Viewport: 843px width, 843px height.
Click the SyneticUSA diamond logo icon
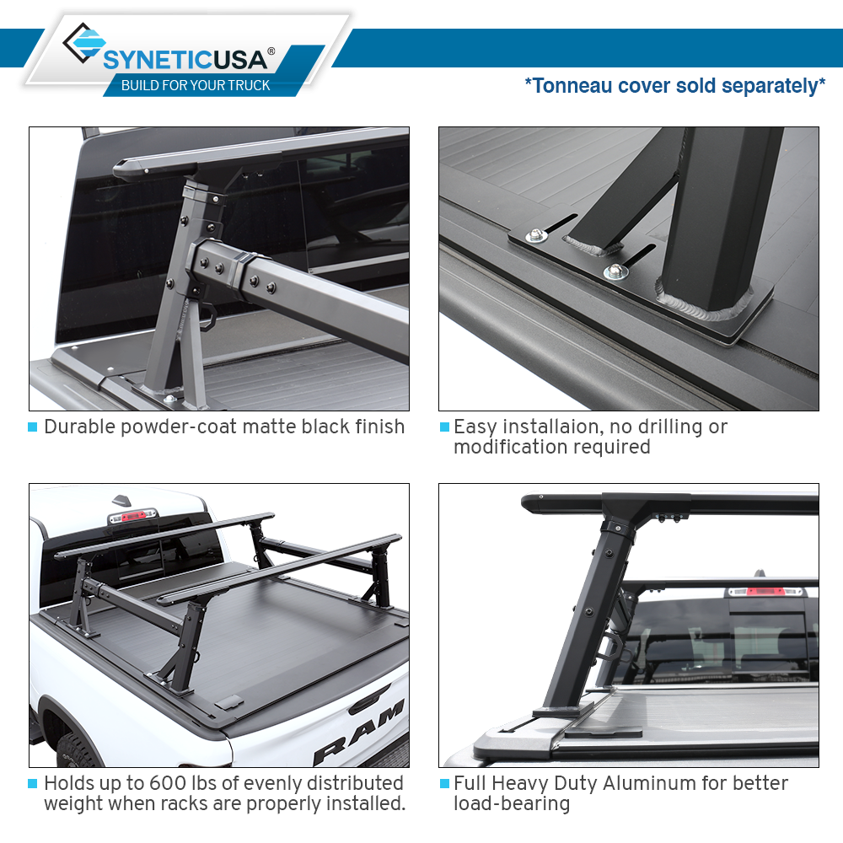coord(83,46)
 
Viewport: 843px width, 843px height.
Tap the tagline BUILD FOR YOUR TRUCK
coord(196,85)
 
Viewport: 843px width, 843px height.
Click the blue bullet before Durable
coord(33,427)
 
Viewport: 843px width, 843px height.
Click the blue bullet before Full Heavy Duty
coord(444,784)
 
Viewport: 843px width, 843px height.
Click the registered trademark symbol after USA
coord(271,51)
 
